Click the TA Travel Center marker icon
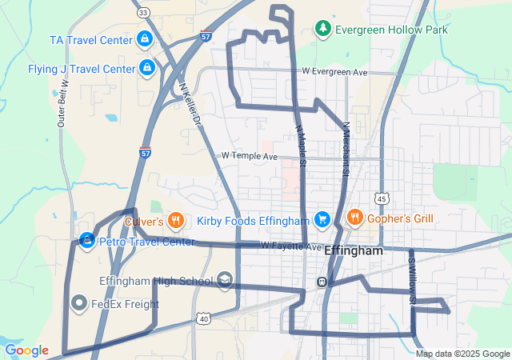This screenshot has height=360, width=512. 144,38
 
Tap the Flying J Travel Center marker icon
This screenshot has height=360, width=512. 147,68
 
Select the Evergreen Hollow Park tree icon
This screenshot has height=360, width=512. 322,30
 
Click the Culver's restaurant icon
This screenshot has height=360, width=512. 178,220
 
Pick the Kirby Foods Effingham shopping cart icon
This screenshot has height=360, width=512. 322,218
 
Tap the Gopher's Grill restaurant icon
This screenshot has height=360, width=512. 354,218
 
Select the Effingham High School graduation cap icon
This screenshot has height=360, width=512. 225,279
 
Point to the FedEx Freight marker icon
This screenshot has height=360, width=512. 79,303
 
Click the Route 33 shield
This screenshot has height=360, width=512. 142,13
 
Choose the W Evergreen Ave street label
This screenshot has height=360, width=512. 334,72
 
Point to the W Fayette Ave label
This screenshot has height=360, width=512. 290,246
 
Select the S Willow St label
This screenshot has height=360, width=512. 413,281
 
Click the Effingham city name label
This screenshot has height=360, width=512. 354,250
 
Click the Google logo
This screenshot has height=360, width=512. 26,350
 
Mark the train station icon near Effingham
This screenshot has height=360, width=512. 321,282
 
